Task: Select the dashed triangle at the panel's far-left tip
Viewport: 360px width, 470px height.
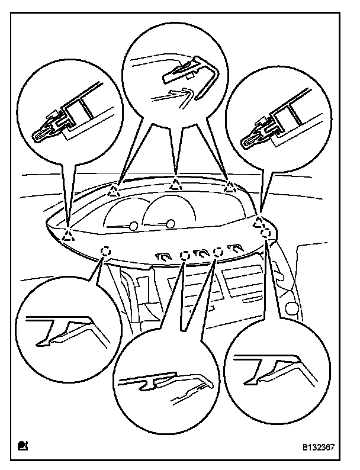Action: (69, 236)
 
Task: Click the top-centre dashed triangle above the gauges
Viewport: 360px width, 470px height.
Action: (176, 182)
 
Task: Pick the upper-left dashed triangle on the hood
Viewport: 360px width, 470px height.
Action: (114, 189)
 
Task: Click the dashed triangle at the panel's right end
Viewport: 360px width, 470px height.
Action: (258, 223)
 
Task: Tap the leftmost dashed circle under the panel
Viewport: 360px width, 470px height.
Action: (105, 251)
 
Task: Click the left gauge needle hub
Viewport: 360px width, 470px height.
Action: (134, 226)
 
